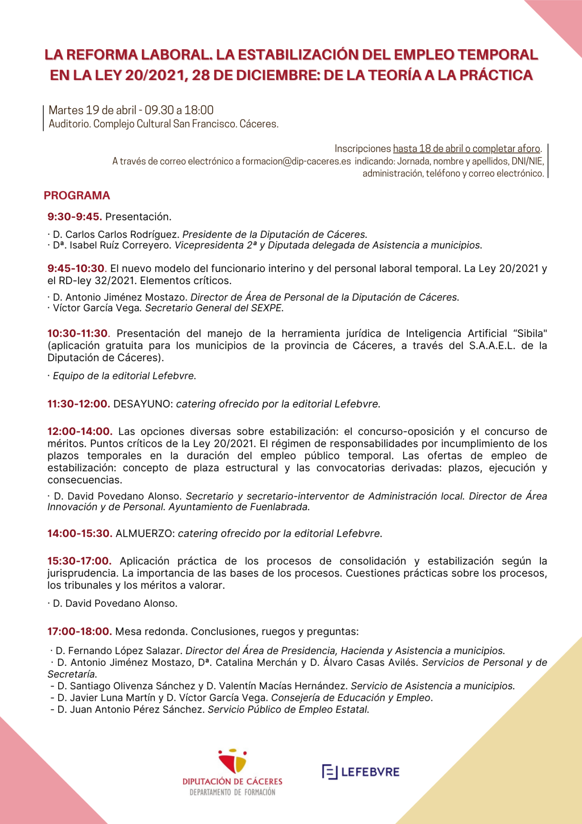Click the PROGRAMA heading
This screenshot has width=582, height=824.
coord(77,196)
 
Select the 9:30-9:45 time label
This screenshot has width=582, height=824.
coord(75,217)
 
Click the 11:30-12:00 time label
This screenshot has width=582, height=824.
coord(79,404)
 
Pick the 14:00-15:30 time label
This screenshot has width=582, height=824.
coord(80,534)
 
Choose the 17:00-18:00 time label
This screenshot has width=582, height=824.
coord(80,632)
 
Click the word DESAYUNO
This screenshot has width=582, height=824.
coord(143,404)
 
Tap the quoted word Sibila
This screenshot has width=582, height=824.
coord(530,334)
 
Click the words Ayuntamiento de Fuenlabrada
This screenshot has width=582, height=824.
coord(239,507)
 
